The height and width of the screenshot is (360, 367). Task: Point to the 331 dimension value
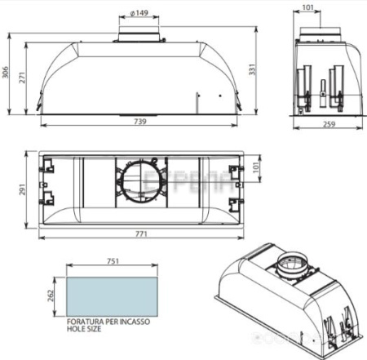[261, 70]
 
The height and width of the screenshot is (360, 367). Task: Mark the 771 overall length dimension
[140, 234]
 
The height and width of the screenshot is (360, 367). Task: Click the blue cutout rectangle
[109, 293]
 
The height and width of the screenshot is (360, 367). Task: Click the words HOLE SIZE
[85, 331]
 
